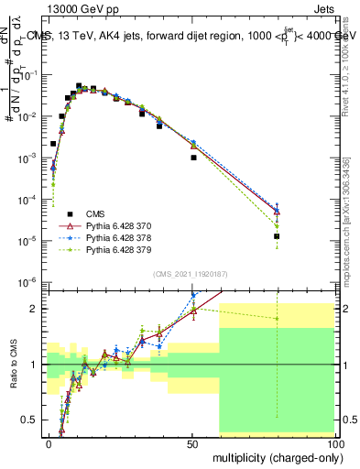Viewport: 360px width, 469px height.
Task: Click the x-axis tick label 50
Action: coord(191,442)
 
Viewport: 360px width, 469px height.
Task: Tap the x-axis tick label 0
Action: coord(49,442)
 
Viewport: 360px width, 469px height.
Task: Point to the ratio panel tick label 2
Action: coord(35,309)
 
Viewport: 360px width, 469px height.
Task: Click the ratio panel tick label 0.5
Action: coord(30,420)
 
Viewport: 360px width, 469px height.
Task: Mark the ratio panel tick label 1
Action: coord(35,365)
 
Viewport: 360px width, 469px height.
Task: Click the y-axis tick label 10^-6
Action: coord(27,282)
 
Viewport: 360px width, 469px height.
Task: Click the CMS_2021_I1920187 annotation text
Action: coord(190,274)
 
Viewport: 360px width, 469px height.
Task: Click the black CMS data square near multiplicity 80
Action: coord(277,236)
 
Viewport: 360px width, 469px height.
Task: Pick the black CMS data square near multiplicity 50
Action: coord(193,158)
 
